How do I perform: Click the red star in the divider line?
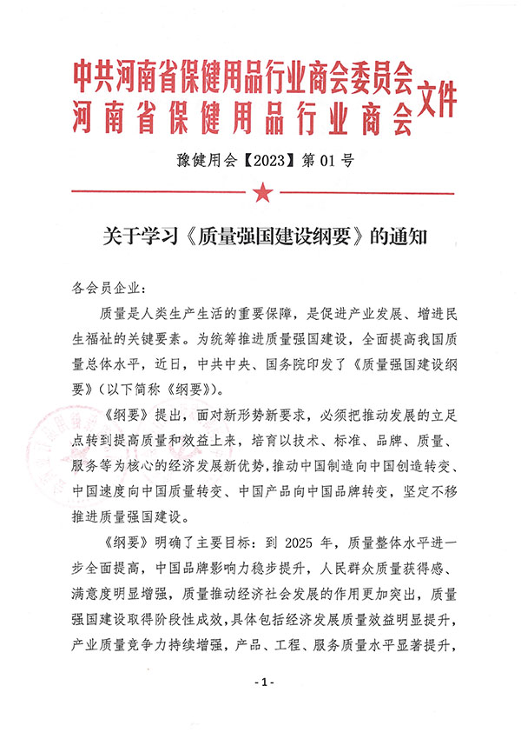[x=260, y=190]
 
